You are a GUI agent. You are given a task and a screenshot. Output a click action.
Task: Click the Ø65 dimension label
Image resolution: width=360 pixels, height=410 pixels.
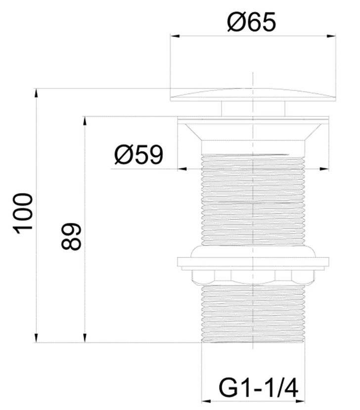click(x=251, y=22)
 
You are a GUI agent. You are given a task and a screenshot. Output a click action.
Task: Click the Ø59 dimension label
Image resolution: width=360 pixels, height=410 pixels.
click(x=139, y=155)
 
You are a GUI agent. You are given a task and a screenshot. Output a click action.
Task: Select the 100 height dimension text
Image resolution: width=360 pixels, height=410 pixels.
click(x=24, y=213)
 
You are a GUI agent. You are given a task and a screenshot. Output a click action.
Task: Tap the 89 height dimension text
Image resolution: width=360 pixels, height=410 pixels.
click(x=71, y=237)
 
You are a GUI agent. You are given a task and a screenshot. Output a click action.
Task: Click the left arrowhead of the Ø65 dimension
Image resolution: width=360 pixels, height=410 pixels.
click(x=175, y=36)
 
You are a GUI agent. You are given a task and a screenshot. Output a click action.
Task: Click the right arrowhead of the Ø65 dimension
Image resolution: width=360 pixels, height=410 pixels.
click(x=331, y=36)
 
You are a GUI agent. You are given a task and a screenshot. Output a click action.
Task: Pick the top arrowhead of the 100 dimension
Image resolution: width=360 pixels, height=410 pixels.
click(x=36, y=93)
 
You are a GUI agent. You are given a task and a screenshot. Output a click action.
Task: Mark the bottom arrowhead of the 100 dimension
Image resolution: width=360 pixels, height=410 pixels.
click(x=36, y=337)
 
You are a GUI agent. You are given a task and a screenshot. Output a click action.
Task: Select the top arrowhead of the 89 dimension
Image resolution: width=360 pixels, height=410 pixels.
click(x=85, y=121)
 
